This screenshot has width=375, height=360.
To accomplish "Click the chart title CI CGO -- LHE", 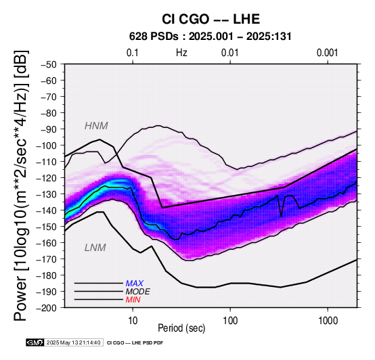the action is pyautogui.click(x=211, y=19).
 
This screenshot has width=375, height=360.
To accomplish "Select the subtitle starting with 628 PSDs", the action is pyautogui.click(x=211, y=37).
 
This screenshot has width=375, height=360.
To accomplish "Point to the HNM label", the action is pyautogui.click(x=96, y=126).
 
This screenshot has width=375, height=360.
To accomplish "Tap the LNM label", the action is pyautogui.click(x=95, y=248).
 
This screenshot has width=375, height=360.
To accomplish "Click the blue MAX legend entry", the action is pyautogui.click(x=135, y=284).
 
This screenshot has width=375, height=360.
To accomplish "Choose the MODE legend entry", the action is pyautogui.click(x=138, y=292).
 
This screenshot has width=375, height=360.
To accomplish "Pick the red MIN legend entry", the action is pyautogui.click(x=133, y=300).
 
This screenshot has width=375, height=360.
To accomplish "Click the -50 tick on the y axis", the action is pyautogui.click(x=48, y=64).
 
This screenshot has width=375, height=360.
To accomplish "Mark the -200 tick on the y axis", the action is pyautogui.click(x=47, y=308).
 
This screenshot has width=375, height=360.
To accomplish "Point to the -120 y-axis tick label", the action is pyautogui.click(x=47, y=178).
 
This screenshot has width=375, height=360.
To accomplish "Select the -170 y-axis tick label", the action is pyautogui.click(x=47, y=259).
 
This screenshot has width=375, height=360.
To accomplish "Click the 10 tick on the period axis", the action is pyautogui.click(x=133, y=321).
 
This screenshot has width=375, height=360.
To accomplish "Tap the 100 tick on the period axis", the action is pyautogui.click(x=230, y=321).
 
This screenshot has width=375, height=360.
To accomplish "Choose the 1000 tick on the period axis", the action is pyautogui.click(x=328, y=321).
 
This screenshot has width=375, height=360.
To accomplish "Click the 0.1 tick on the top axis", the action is pyautogui.click(x=133, y=53).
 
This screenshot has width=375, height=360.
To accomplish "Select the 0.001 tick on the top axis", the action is pyautogui.click(x=328, y=53).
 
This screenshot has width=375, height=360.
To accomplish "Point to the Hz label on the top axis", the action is pyautogui.click(x=181, y=53).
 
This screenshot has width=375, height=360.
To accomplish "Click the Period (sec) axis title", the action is pyautogui.click(x=181, y=328).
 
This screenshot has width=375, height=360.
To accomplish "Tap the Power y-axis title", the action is pyautogui.click(x=20, y=185).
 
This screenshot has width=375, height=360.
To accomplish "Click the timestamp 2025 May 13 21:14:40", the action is pyautogui.click(x=73, y=342).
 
